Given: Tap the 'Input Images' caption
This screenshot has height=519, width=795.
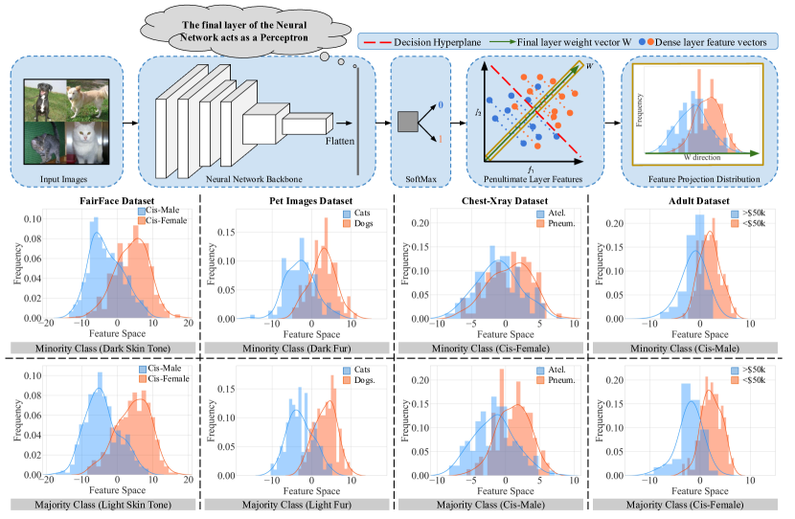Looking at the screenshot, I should pyautogui.click(x=66, y=178).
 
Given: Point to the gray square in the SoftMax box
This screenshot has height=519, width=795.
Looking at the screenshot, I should pyautogui.click(x=407, y=122).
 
